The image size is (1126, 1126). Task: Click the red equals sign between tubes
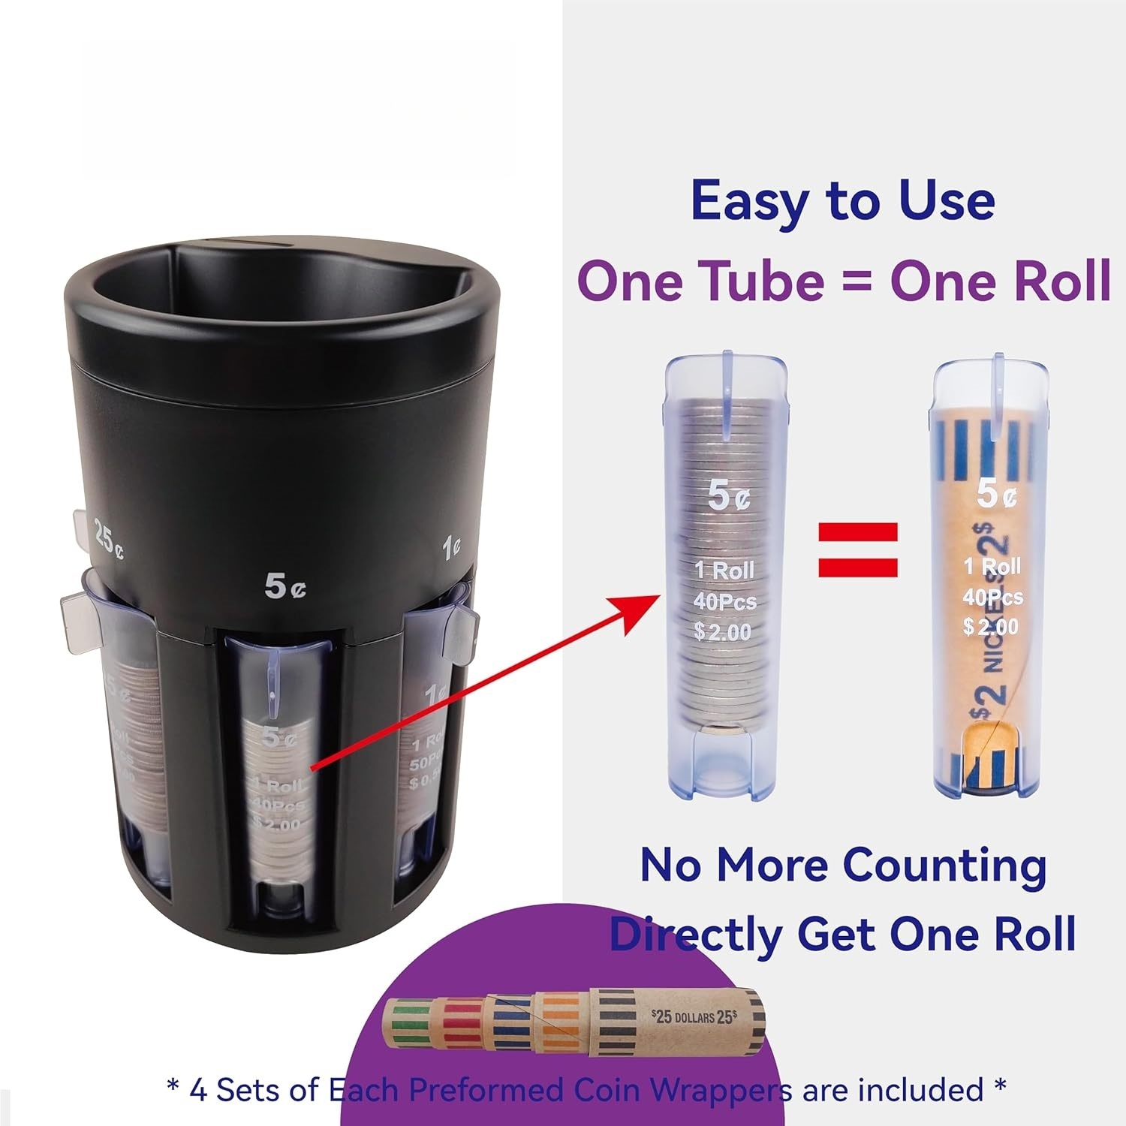pyautogui.click(x=858, y=549)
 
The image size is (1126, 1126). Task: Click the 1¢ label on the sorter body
pyautogui.click(x=450, y=548)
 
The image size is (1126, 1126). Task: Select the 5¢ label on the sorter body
pyautogui.click(x=285, y=586)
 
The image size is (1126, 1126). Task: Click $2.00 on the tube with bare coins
pyautogui.click(x=722, y=632)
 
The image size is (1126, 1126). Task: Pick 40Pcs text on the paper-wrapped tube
pyautogui.click(x=992, y=598)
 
